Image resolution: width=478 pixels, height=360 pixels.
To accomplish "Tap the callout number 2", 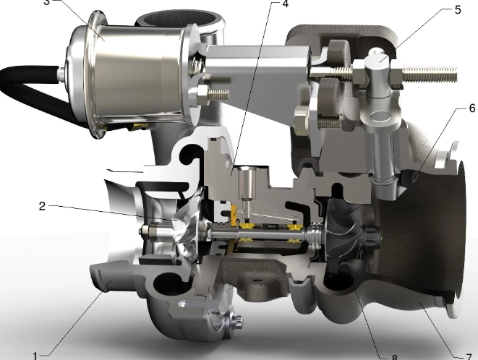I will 43,205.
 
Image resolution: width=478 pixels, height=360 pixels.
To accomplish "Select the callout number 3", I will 47,2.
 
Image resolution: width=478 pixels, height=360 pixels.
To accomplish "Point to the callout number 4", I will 284,4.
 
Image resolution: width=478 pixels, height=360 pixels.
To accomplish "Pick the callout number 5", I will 457,10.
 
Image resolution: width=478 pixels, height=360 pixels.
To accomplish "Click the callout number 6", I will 471,108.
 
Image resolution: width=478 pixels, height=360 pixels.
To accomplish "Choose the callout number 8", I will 394,356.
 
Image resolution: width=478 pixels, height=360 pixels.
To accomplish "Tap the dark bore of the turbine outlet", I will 427,217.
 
